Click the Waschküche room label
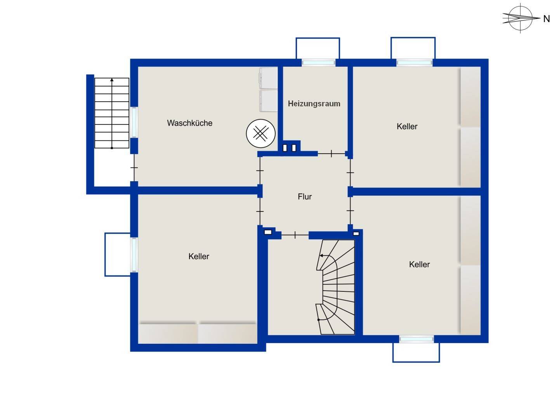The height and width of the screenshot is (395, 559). coord(190,123)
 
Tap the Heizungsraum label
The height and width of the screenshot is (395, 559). coord(314,104)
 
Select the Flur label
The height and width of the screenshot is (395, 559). coord(304,197)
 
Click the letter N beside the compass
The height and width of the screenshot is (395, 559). coord(547,19)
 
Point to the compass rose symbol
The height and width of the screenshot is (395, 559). coord(521,18)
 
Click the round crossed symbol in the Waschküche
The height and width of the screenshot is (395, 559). coord(261,133)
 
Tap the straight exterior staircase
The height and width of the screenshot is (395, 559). coord(112,113)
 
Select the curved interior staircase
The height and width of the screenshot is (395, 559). coord(335,287)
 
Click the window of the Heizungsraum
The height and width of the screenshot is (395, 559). coord(318,62)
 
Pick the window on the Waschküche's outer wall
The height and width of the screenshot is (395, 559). coord(134,122)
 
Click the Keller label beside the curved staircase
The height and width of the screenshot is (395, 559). coord(419,264)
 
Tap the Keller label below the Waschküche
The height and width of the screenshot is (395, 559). coord(199,256)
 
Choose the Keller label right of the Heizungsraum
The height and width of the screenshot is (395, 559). coord(407,126)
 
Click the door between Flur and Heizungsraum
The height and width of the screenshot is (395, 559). coord(332,154)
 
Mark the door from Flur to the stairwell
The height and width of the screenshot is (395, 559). coord(295,235)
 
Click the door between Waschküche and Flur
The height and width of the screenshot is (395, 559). coord(260,171)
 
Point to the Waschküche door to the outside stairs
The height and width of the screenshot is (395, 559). coord(134,168)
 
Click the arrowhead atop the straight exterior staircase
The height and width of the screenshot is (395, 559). coord(112,80)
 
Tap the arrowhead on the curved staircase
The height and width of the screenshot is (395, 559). coord(321,256)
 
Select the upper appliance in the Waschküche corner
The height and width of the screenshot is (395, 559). coord(269,78)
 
